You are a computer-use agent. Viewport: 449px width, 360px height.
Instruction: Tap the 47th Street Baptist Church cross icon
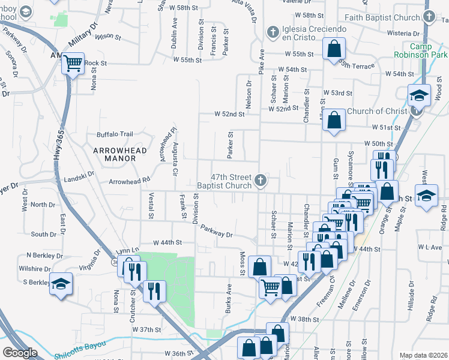tap(260, 179)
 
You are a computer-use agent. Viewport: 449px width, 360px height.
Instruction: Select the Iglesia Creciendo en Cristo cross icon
tap(271, 31)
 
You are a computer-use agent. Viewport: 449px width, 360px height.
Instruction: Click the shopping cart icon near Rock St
tap(73, 62)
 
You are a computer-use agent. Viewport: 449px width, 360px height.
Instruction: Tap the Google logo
tap(20, 352)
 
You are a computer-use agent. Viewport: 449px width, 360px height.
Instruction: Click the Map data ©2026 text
tap(423, 355)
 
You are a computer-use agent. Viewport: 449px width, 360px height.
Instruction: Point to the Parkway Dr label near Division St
tap(216, 230)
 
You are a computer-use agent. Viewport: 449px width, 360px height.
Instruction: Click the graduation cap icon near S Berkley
tap(61, 283)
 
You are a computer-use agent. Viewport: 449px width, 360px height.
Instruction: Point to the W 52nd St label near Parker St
tap(230, 114)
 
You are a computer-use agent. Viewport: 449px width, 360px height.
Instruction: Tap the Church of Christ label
tap(376, 111)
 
